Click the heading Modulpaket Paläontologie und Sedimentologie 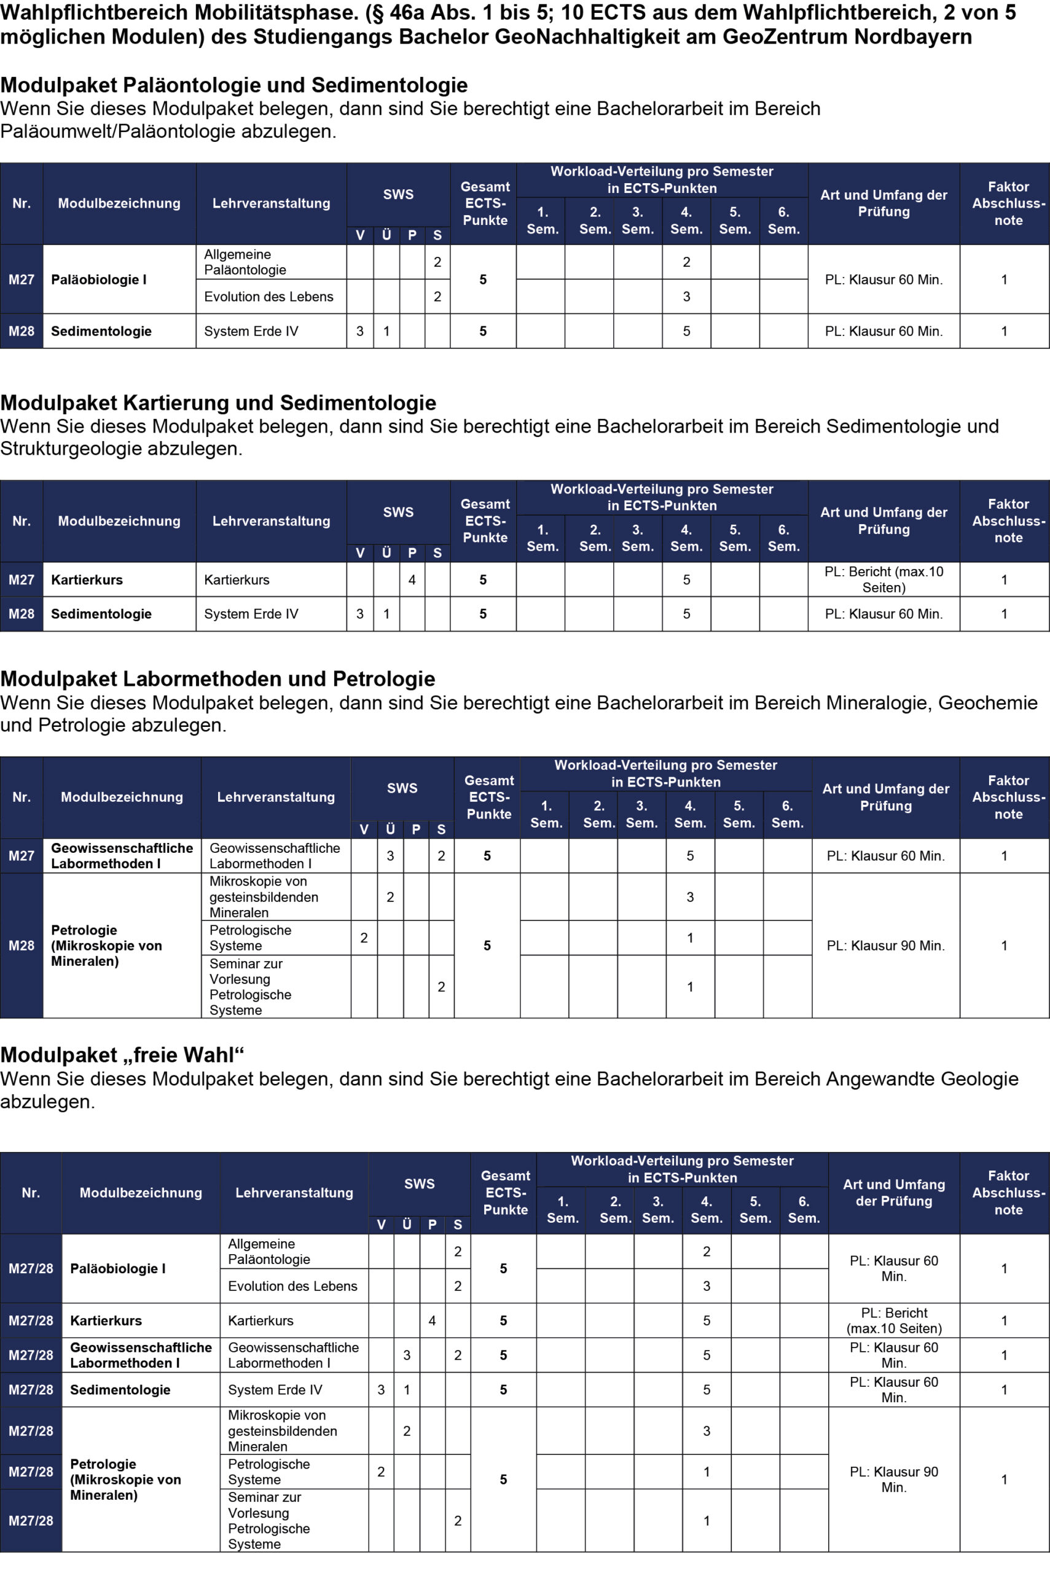point(233,85)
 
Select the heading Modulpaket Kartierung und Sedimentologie point(218,402)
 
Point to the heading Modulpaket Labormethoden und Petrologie point(217,678)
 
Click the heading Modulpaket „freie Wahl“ point(122,1054)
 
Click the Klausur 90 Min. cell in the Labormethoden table point(885,946)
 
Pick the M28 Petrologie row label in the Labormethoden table point(22,946)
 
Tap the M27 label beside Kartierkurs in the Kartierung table point(22,580)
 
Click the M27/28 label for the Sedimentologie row point(31,1389)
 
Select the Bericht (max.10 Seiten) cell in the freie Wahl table point(894,1320)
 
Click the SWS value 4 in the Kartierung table point(412,580)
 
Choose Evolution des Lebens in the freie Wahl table point(292,1285)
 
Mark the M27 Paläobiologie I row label point(22,280)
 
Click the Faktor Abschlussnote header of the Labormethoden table point(1008,797)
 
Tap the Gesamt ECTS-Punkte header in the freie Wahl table point(505,1193)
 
